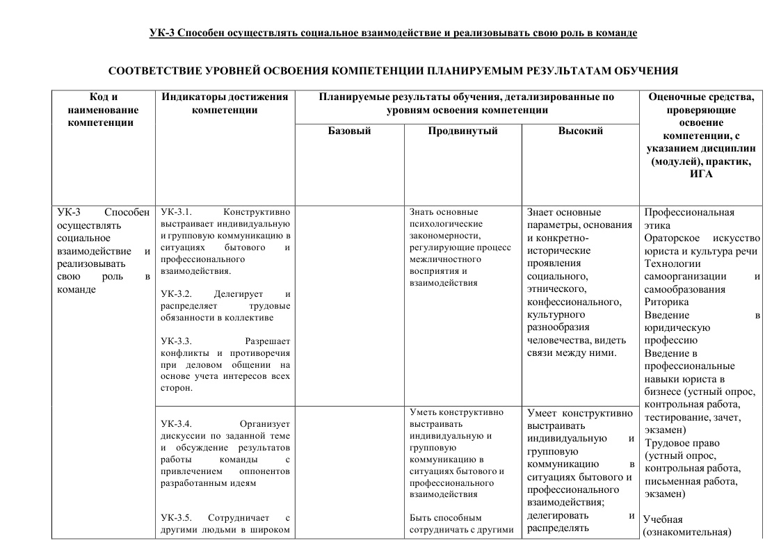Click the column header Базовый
(x=349, y=131)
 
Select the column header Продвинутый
(x=462, y=131)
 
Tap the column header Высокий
(x=580, y=131)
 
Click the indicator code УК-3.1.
(x=175, y=211)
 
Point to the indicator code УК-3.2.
(x=175, y=293)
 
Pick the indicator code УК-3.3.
(x=175, y=341)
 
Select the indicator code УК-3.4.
(x=175, y=423)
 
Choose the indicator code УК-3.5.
(x=175, y=518)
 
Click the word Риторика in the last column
(x=666, y=302)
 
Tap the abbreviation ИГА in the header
(x=701, y=174)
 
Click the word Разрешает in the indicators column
(x=268, y=341)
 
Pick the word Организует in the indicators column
(x=264, y=423)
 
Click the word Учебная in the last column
(x=663, y=519)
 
